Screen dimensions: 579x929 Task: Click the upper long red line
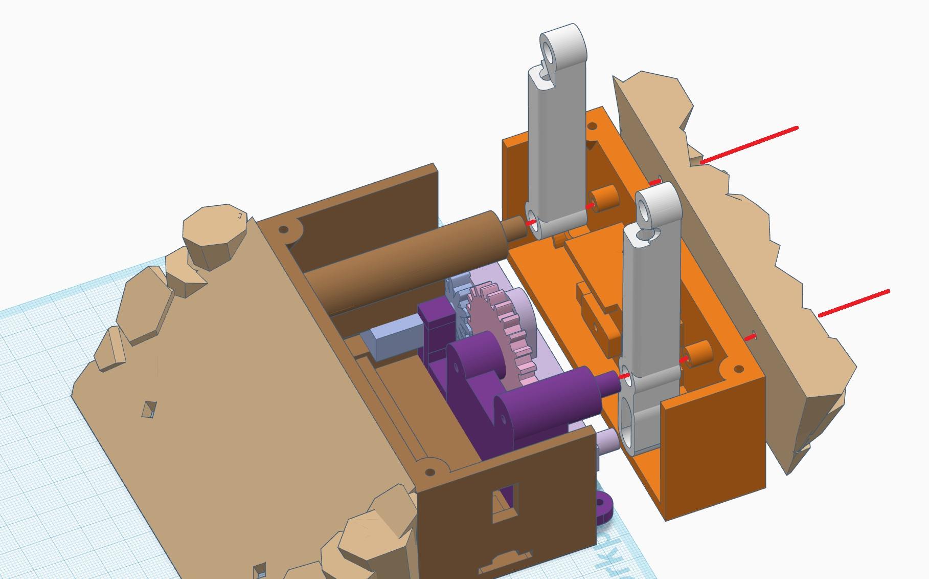[749, 145]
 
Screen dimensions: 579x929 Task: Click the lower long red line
[854, 303]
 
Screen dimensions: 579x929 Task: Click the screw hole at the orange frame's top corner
[593, 126]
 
